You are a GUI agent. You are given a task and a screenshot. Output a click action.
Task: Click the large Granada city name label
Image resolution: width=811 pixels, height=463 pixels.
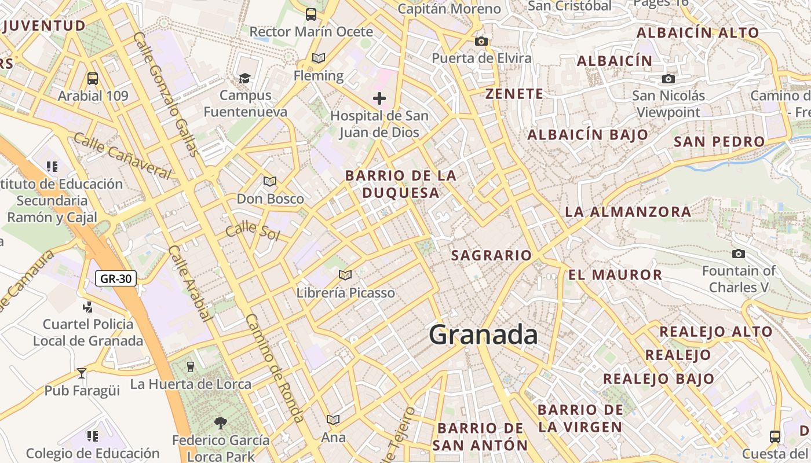tap(483, 335)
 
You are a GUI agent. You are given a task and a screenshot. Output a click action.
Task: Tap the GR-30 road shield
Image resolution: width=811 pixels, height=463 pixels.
tap(116, 278)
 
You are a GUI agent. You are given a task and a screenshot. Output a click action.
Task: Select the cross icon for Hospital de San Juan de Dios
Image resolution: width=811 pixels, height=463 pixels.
tap(379, 98)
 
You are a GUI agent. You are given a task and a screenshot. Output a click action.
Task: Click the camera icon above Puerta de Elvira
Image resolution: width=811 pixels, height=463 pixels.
tap(481, 41)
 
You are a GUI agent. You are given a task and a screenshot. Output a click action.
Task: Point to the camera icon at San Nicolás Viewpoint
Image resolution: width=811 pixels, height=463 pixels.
tap(668, 79)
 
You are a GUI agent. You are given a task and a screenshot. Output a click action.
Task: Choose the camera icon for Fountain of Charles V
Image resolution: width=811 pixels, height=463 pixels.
tap(738, 253)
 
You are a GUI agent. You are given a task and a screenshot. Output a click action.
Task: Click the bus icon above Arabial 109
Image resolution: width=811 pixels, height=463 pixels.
tap(93, 78)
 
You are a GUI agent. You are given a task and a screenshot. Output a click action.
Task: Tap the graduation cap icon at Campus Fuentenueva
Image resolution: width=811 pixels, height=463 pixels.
tap(245, 78)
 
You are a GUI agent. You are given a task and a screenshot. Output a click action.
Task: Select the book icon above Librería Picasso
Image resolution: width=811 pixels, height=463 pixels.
tap(345, 275)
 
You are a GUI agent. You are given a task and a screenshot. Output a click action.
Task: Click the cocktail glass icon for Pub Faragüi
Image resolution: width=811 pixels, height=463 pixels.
tap(82, 373)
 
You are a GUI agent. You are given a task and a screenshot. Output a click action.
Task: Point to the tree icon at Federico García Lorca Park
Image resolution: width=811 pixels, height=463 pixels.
tap(220, 423)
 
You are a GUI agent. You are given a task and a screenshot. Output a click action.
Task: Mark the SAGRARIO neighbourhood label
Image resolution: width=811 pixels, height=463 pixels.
tap(491, 255)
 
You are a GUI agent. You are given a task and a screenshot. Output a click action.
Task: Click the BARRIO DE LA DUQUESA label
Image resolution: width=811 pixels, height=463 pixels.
tap(401, 184)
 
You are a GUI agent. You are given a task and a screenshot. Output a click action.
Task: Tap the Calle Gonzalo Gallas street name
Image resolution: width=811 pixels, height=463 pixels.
tap(166, 94)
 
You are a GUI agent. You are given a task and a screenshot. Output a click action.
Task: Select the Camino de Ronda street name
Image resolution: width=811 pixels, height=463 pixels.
tap(275, 368)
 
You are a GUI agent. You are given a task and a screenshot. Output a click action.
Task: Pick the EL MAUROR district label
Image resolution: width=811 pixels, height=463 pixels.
tap(615, 275)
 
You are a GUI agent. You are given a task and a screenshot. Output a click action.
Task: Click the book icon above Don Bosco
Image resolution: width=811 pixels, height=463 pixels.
tap(270, 181)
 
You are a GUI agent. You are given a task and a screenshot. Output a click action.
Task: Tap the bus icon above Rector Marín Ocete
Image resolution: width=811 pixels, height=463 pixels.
tap(311, 14)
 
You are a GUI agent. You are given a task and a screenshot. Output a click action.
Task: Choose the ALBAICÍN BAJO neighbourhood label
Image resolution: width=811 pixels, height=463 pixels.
tap(587, 135)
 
